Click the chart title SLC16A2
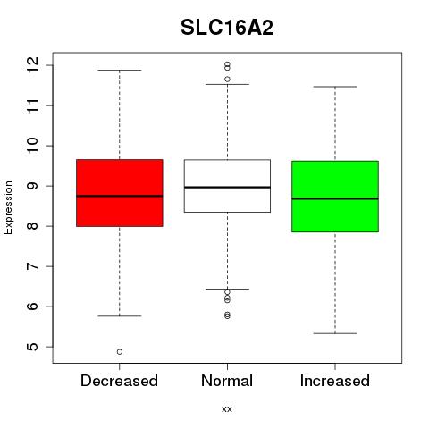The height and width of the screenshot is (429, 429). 227,28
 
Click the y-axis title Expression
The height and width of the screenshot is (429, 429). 8,207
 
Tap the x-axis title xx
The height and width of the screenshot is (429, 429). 227,408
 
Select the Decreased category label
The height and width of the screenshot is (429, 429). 119,381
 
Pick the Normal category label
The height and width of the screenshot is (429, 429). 227,381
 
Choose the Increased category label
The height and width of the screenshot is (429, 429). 335,381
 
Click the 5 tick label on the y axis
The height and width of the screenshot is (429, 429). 32,347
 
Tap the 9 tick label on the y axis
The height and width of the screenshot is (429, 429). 32,186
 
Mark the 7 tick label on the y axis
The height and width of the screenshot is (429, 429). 32,266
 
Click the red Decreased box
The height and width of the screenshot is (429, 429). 120,193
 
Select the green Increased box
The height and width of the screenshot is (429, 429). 335,197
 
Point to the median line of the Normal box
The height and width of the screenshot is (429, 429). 227,187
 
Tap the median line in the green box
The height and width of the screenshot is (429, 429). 335,198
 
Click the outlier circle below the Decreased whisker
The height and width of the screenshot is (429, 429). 120,352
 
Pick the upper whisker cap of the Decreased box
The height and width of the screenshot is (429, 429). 120,70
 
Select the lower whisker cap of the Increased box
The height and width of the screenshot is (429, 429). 335,333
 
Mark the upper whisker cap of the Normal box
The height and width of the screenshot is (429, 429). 227,84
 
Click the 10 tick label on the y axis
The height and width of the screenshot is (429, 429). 32,146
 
